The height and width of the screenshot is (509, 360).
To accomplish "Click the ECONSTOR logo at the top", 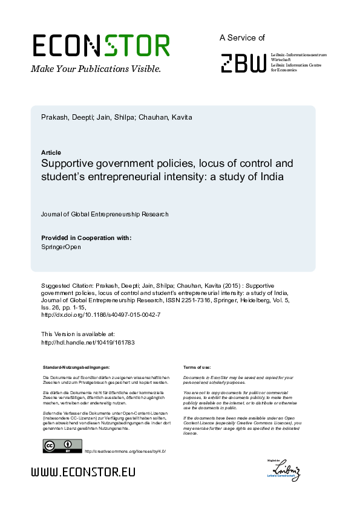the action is point(100,46).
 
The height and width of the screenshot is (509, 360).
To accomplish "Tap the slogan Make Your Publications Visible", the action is point(96,69).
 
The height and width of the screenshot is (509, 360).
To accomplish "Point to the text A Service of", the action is point(242,37).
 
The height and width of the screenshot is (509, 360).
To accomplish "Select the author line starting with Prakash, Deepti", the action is point(116,117).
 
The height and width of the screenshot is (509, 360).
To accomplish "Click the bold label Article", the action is point(51,152).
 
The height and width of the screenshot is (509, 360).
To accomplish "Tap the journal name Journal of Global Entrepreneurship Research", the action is point(105,214).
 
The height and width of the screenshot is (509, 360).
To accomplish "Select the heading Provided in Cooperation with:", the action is point(86,238).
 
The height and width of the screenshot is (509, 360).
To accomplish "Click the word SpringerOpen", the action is point(60,247).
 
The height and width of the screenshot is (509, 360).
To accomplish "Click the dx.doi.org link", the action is point(100,315).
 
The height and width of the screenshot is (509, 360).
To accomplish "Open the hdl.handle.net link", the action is point(87,342).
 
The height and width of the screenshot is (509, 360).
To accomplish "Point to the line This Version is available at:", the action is point(77,334).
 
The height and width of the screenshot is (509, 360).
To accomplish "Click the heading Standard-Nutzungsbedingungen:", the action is point(76,367).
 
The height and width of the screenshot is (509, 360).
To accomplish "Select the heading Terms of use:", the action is point(197,367).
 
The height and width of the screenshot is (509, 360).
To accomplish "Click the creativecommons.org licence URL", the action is point(125,452).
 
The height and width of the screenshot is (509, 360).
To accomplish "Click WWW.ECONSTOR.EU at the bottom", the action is point(83,472).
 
